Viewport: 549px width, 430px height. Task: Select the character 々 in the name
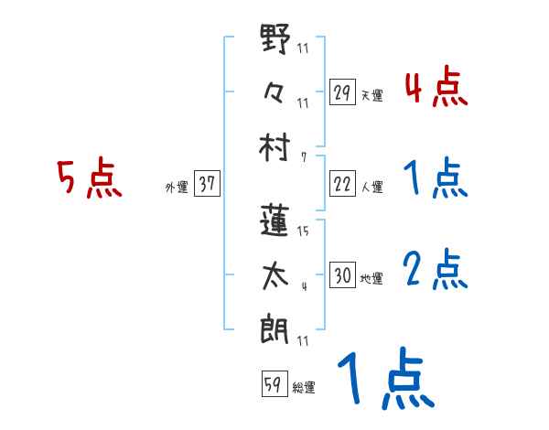[x=275, y=91]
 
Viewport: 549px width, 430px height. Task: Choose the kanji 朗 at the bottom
[x=275, y=326]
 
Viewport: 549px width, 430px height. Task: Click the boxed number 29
[x=342, y=93]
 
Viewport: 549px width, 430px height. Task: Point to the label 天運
[x=371, y=95]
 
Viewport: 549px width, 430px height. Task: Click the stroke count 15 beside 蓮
[x=303, y=231]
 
